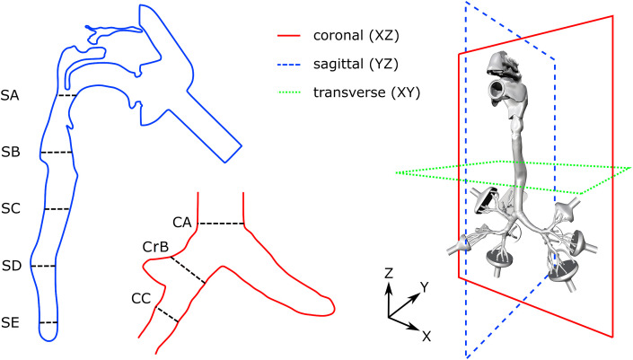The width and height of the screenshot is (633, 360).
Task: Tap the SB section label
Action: tap(13, 153)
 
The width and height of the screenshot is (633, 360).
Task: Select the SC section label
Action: tap(13, 209)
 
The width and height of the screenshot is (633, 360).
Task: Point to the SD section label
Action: tap(13, 266)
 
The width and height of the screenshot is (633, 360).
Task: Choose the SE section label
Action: tap(13, 322)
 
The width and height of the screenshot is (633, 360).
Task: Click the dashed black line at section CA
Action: tap(222, 224)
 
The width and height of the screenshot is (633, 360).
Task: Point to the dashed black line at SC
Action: tap(57, 209)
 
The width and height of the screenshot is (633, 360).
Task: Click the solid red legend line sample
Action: tap(294, 37)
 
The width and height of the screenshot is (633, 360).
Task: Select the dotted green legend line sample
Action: tap(294, 92)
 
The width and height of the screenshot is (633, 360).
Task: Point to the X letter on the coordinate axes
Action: tap(427, 338)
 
